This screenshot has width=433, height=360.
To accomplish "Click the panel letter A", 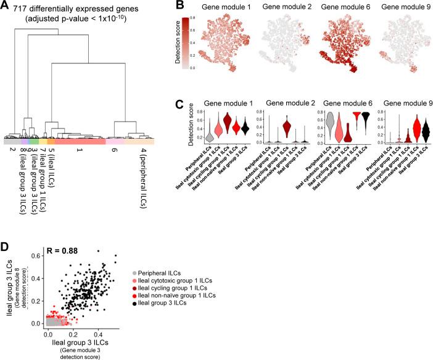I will click(6, 7).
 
